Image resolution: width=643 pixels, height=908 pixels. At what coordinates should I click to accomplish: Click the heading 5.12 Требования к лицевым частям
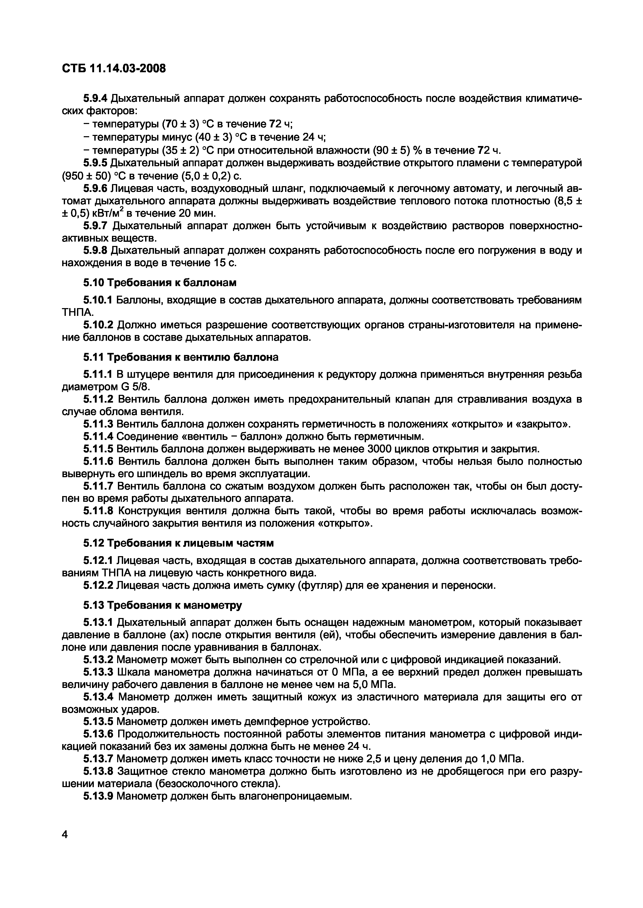coord(178,543)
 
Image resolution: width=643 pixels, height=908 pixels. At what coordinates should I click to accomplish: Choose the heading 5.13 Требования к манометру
coord(162,606)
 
